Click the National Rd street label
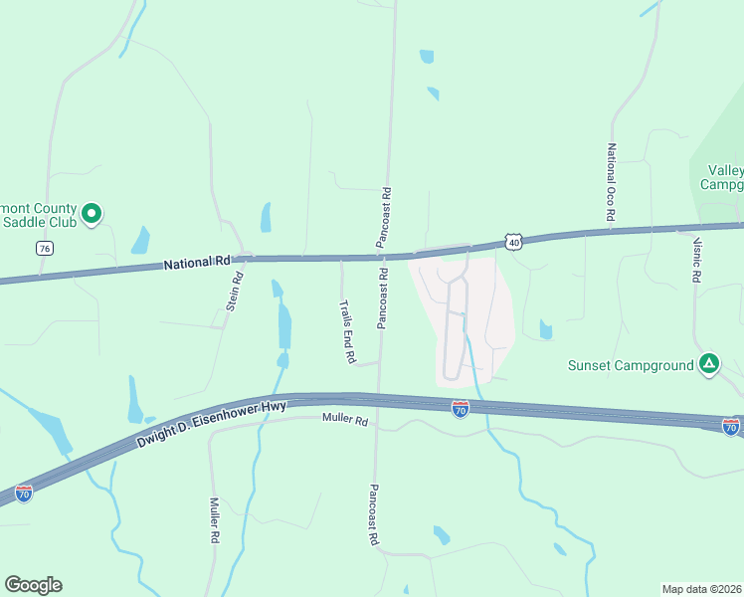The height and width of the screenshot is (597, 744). point(196,263)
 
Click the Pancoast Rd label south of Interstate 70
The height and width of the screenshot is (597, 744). point(374,513)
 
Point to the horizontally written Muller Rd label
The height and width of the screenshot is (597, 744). point(345,421)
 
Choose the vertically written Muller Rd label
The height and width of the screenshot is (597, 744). point(214,520)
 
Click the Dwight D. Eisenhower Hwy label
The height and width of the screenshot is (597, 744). point(211,424)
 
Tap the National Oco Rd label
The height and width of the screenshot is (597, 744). point(611,182)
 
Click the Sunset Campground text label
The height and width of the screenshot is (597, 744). point(631,365)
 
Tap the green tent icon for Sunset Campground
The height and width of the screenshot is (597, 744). point(708,364)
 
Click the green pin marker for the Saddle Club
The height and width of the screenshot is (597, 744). point(91,213)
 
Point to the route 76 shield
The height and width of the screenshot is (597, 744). point(44,249)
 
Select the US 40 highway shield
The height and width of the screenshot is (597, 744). point(512,242)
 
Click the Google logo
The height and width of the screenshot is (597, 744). point(33,585)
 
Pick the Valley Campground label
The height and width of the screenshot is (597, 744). point(724,177)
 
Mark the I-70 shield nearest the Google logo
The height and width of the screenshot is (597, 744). point(24,493)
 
